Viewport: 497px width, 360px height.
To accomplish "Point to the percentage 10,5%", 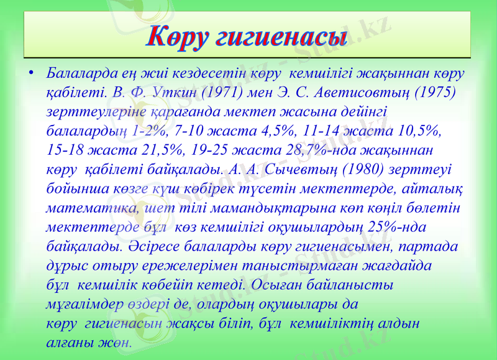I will [419, 131].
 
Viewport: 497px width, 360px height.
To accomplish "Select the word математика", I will [89, 208].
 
